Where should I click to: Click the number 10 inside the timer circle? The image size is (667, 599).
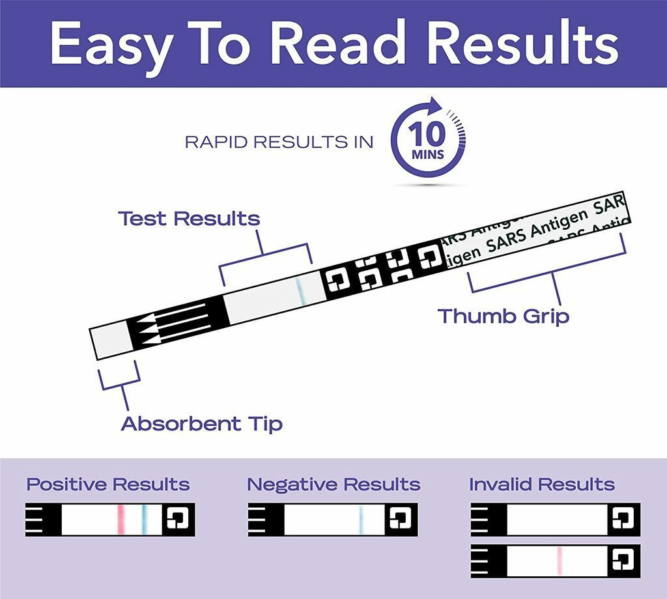(x=427, y=135)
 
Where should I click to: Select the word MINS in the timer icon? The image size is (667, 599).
(x=427, y=155)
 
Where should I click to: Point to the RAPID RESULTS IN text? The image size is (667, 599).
(x=279, y=142)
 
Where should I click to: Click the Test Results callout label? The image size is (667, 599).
(x=189, y=219)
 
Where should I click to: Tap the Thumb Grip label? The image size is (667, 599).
(x=503, y=316)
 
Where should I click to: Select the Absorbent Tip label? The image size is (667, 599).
(x=202, y=424)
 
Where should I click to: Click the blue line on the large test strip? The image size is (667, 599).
(x=300, y=290)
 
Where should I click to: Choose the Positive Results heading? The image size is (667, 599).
(x=108, y=484)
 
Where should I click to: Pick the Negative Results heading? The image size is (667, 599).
(x=333, y=484)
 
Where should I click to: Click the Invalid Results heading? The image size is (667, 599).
(x=541, y=484)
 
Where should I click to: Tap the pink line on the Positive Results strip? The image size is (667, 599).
(x=121, y=519)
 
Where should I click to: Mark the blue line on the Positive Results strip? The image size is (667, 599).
(x=145, y=519)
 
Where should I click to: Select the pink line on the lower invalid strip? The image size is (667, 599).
(x=559, y=561)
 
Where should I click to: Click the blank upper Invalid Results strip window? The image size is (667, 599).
(x=558, y=519)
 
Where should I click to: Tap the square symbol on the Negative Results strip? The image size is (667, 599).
(x=399, y=519)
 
